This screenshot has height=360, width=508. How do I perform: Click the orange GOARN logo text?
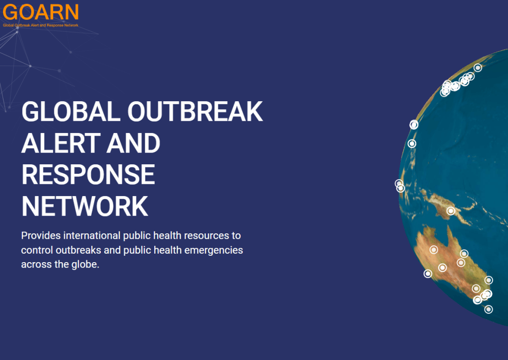pos(40,12)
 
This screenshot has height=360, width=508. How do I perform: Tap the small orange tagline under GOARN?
pos(40,25)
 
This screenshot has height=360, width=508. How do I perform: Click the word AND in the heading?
pos(131,144)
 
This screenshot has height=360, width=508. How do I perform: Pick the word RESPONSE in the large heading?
pos(88,175)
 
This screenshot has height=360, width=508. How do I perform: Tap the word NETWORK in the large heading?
pos(85,206)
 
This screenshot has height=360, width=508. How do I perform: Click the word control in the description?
pos(37,250)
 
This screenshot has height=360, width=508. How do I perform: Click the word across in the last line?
pos(35,264)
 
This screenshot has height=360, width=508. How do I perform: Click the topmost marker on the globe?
pos(478,68)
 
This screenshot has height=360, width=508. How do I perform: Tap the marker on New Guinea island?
pos(450,211)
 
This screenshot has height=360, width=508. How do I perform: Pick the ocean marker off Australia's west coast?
pos(428,274)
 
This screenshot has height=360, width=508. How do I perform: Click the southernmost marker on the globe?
pos(489,309)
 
